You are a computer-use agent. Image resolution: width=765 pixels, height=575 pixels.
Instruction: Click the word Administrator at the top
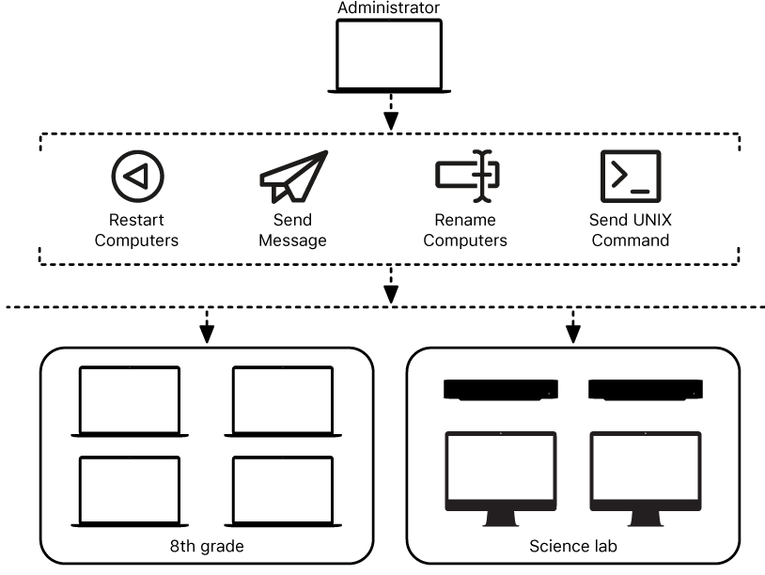pyautogui.click(x=388, y=8)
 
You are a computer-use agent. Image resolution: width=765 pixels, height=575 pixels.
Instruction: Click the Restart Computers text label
pyautogui.click(x=137, y=231)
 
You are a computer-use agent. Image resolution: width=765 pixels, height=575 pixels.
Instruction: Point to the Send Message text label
pyautogui.click(x=293, y=231)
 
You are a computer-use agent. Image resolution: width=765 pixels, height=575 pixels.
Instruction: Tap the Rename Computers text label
pyautogui.click(x=465, y=231)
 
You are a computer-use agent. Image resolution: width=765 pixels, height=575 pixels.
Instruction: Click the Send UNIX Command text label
pyautogui.click(x=630, y=231)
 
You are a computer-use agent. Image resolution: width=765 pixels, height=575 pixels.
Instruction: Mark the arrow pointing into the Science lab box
pyautogui.click(x=572, y=328)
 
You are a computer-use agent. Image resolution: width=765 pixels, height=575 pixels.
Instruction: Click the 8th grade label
pyautogui.click(x=206, y=545)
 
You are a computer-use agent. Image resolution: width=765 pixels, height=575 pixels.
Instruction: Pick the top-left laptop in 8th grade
pyautogui.click(x=130, y=401)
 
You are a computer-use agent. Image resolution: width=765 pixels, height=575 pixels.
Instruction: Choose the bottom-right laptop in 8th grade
pyautogui.click(x=283, y=491)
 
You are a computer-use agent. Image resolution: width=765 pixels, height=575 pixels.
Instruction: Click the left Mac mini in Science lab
pyautogui.click(x=499, y=389)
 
